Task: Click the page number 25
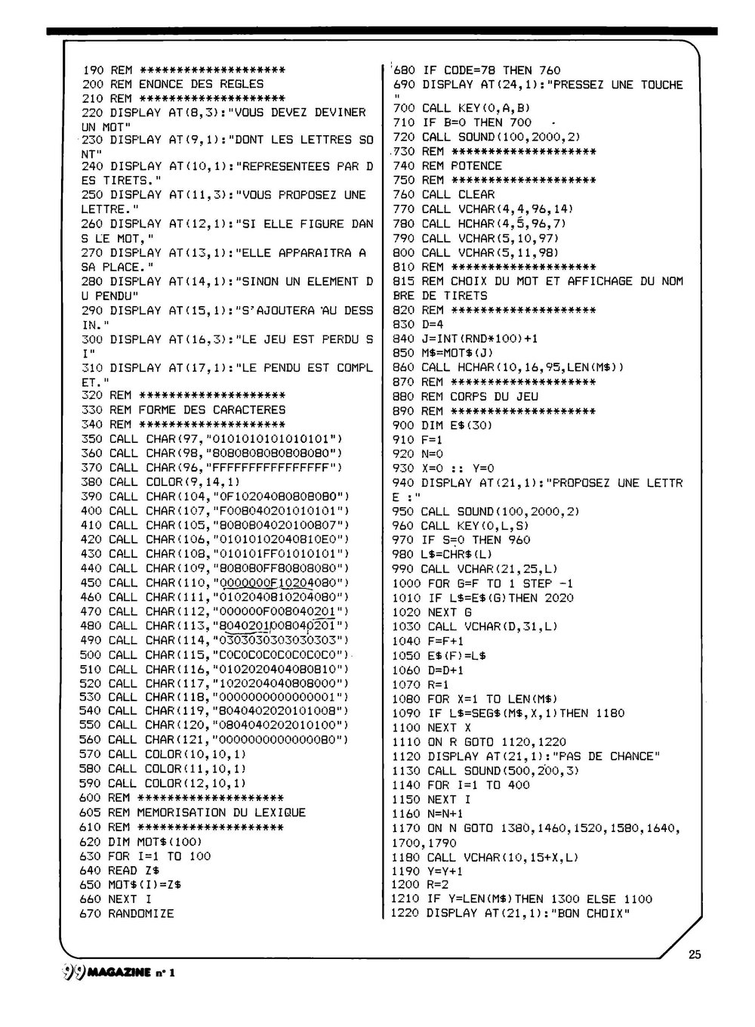point(695,954)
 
